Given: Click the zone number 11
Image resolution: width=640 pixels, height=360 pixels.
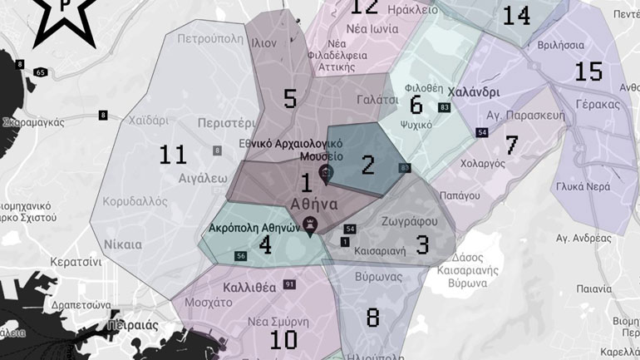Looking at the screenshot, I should (173, 154).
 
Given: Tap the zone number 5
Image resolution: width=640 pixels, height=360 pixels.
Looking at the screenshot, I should (289, 99).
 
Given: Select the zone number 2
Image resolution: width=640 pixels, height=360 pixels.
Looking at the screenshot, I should (368, 165).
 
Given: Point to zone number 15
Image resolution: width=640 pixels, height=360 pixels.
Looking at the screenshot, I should (588, 72).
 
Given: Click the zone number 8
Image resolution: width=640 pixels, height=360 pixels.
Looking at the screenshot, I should (372, 317).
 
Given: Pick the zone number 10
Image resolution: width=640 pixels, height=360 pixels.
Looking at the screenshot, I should (283, 339).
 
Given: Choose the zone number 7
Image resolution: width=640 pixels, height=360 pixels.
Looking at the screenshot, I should (511, 145).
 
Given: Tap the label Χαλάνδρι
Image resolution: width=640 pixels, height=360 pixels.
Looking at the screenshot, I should (473, 92).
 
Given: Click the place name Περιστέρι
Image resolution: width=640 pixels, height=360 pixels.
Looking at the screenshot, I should (224, 122).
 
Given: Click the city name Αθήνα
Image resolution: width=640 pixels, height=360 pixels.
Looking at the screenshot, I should (313, 204).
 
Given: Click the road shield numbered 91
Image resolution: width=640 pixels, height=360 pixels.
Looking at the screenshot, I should (289, 285).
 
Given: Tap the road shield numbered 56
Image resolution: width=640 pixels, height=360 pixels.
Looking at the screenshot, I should (240, 255).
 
